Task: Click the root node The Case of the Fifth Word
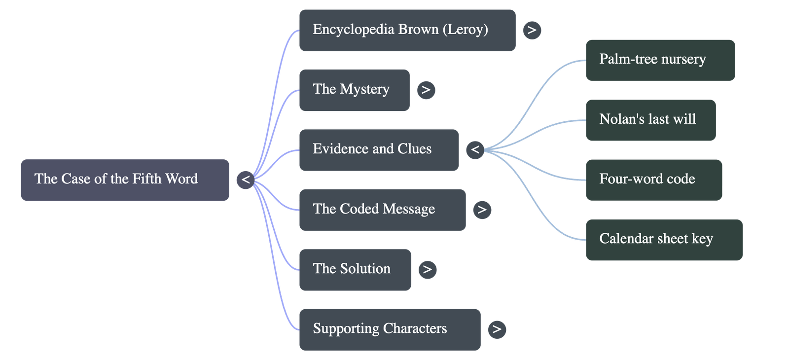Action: (x=124, y=180)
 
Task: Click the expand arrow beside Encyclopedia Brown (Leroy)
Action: (x=532, y=30)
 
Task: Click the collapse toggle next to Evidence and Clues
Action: (x=475, y=150)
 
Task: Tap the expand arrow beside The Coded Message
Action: (x=482, y=210)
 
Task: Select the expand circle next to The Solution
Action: (x=427, y=270)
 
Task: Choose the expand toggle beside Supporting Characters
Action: (x=497, y=329)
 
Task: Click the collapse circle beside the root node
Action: (x=246, y=180)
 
